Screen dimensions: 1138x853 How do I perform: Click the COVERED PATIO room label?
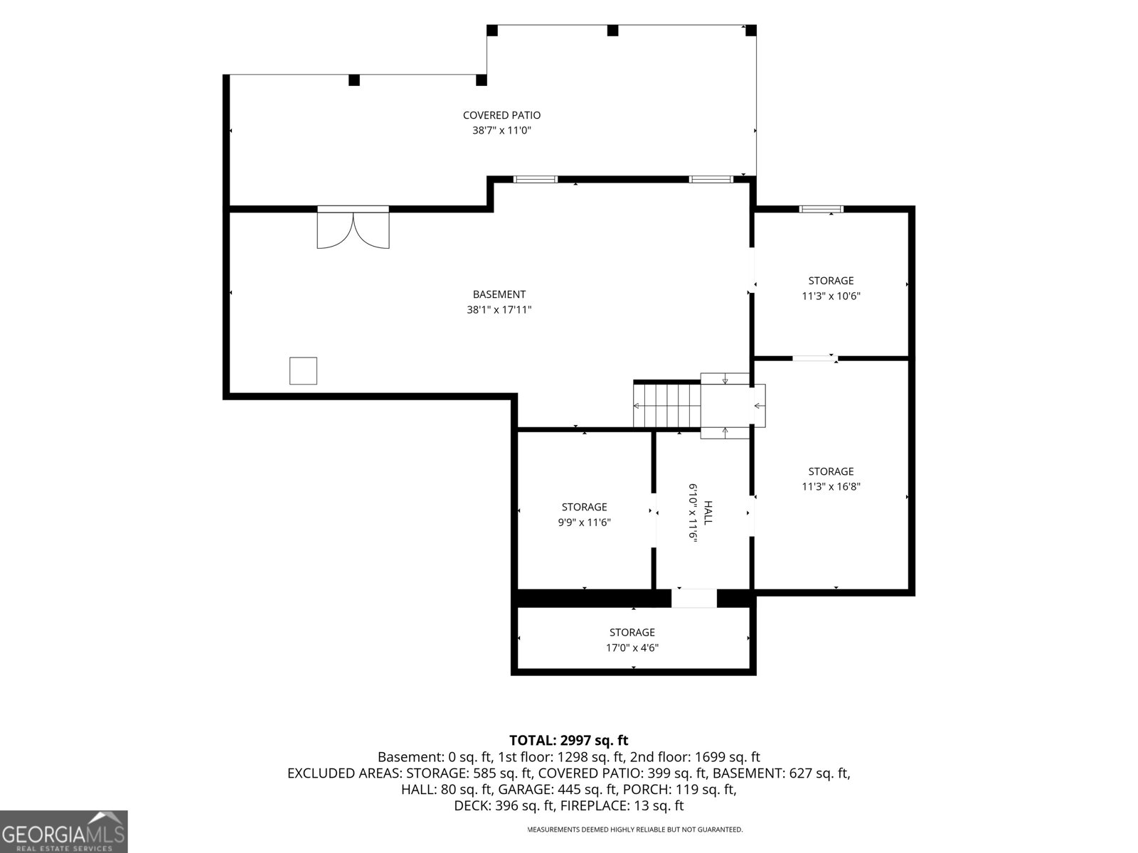(x=501, y=115)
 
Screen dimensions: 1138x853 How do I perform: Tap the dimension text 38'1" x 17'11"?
(x=499, y=310)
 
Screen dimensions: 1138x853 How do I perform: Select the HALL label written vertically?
(x=708, y=513)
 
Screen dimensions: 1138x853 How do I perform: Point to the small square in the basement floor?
(x=303, y=371)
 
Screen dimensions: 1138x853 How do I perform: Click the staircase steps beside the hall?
(x=666, y=404)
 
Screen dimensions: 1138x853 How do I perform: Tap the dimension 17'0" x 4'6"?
(x=632, y=648)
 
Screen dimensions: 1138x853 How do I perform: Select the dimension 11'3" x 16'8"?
(x=831, y=486)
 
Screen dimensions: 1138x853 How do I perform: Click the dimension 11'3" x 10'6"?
(x=831, y=296)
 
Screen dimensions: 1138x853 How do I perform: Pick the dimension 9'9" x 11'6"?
(x=585, y=522)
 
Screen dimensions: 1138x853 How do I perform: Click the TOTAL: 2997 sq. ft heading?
(x=568, y=740)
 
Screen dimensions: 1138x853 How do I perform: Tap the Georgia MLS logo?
(x=64, y=831)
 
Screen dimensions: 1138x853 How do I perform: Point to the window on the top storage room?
(x=821, y=209)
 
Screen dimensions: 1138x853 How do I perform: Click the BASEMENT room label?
(x=499, y=294)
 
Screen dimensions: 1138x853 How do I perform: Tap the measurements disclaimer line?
(x=634, y=829)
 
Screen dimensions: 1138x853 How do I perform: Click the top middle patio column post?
(x=612, y=31)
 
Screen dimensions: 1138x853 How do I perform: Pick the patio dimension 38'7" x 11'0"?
(x=501, y=130)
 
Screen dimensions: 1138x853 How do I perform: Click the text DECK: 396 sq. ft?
(x=501, y=805)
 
